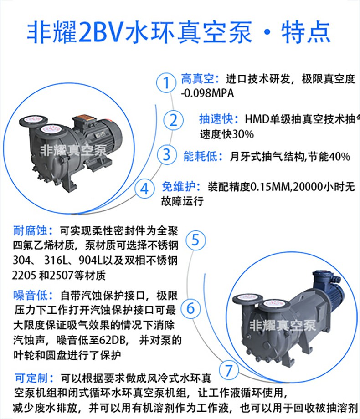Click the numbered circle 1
coord(167,83)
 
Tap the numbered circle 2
coord(173,120)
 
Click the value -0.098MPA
coord(207,94)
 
